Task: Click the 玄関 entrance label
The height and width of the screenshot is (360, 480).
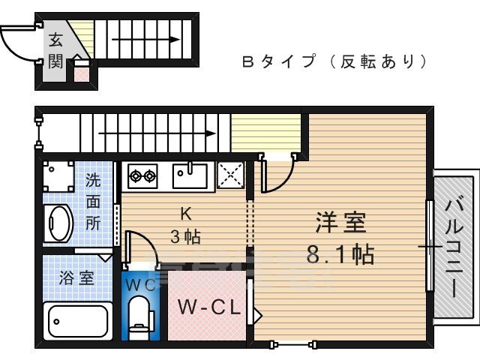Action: [56, 51]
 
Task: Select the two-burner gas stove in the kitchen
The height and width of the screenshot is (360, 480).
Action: [142, 177]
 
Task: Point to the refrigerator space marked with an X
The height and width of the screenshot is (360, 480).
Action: [231, 175]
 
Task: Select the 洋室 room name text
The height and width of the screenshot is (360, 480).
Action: [340, 223]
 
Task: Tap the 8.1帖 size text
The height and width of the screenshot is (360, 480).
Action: [340, 255]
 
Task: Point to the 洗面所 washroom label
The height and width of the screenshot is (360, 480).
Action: [93, 202]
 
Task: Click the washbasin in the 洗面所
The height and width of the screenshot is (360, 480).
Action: [58, 223]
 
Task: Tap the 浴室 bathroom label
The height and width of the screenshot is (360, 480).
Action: [77, 277]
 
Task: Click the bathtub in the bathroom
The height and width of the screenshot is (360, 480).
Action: [78, 321]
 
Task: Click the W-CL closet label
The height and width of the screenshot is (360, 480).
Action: [208, 307]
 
